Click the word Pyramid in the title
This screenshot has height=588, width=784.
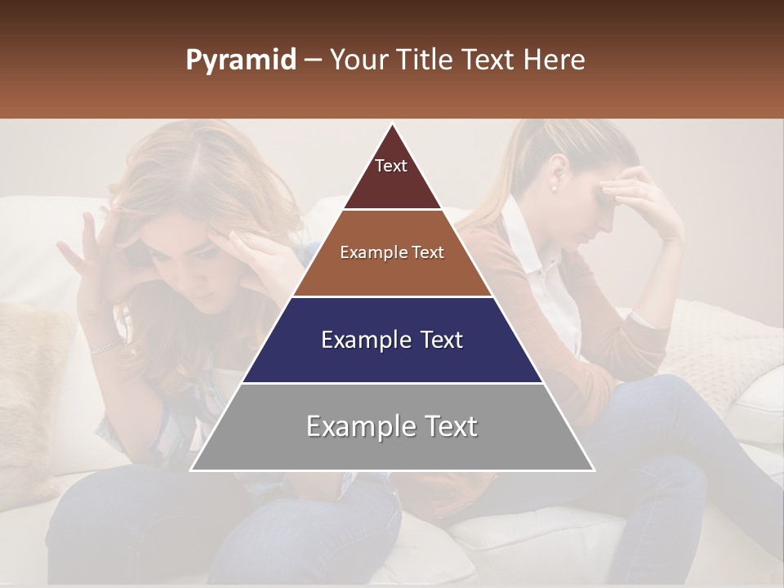click(240, 60)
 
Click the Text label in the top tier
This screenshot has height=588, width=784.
click(390, 166)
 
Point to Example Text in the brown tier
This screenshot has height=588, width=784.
click(392, 252)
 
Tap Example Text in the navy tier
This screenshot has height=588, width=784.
click(392, 340)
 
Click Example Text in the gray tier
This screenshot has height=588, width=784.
click(392, 426)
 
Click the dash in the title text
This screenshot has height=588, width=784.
click(312, 60)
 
